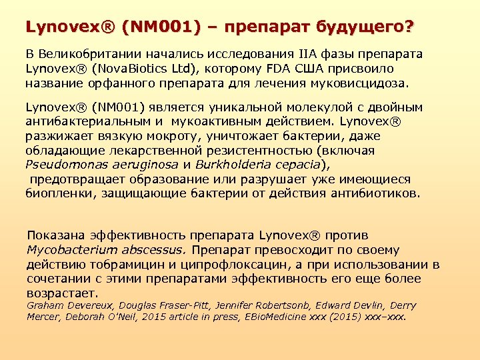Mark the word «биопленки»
tap(57, 194)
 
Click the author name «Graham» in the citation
tap(45, 305)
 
